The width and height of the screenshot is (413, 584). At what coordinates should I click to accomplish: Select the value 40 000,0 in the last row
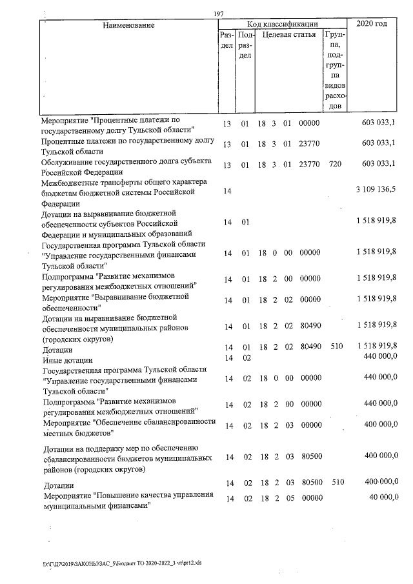pos(381,496)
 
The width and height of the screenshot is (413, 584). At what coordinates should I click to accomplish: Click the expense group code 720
pos(334,164)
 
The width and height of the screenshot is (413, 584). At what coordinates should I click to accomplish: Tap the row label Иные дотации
pos(68,359)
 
